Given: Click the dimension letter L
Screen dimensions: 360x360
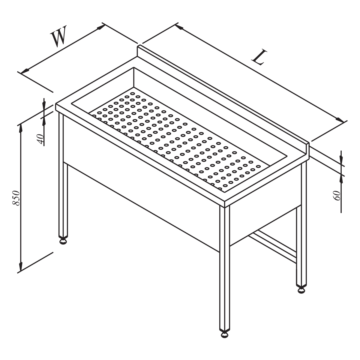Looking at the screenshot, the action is tap(259, 57).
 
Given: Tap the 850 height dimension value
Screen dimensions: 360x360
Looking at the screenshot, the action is tap(16, 198).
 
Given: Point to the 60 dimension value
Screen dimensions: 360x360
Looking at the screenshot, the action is tap(337, 196).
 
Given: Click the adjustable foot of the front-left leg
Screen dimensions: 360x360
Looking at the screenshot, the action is tap(63, 241).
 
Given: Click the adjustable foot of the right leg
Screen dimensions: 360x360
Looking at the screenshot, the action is tap(301, 290).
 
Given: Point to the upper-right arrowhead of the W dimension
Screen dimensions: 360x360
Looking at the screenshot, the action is tap(100, 27).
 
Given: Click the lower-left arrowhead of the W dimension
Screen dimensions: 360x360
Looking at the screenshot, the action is tap(25, 71).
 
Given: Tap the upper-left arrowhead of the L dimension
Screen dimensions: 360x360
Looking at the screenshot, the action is tap(179, 27).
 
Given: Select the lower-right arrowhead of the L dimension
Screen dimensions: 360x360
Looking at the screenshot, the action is tap(340, 120).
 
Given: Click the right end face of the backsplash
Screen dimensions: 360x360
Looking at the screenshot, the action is tap(308, 151).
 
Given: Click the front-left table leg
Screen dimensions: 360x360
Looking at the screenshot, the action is tap(63, 175).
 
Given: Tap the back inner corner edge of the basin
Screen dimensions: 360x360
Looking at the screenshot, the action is tap(134, 77).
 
